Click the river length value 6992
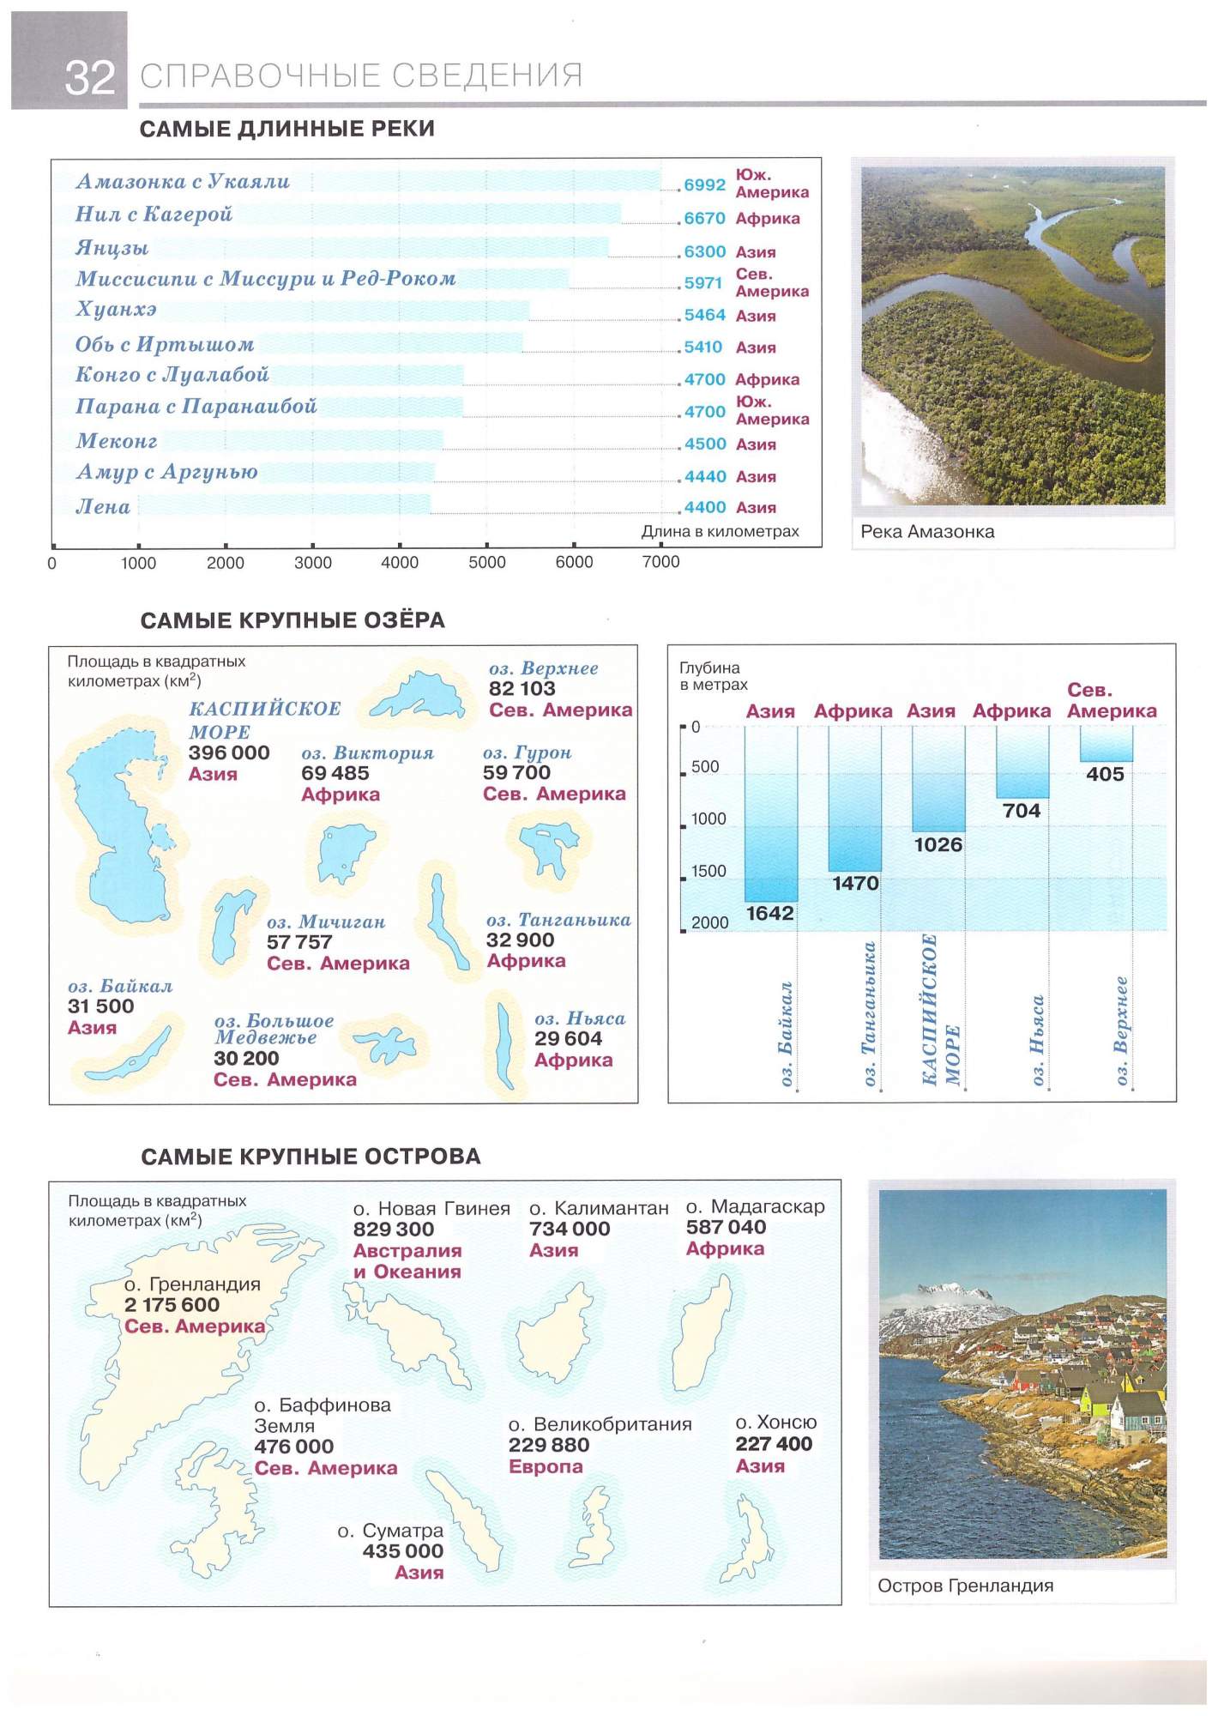[x=704, y=184]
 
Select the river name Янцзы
[x=112, y=248]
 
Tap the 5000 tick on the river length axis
[x=486, y=562]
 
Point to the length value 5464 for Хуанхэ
[x=704, y=315]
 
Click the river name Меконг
[x=117, y=441]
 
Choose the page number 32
[x=89, y=78]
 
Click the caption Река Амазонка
[x=927, y=531]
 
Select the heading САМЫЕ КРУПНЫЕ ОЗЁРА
[x=292, y=620]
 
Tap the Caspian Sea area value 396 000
[x=229, y=752]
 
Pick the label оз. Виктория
[x=367, y=753]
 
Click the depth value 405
[x=1105, y=774]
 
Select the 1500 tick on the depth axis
[x=708, y=871]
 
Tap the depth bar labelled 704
[x=1022, y=761]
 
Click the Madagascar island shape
[x=703, y=1334]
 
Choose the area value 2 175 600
[x=172, y=1304]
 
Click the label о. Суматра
[x=390, y=1531]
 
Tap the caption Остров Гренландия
[x=965, y=1586]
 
